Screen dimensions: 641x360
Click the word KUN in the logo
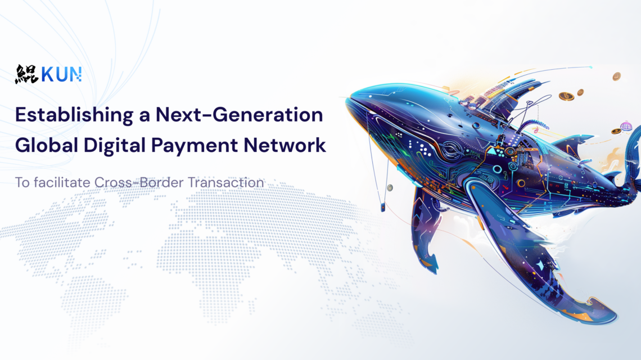tap(61, 74)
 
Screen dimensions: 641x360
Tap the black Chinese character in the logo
tap(26, 74)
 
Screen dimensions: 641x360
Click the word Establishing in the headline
tap(74, 115)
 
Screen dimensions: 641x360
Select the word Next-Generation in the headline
tap(239, 115)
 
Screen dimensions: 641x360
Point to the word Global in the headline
tap(47, 145)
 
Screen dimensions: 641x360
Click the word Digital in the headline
tap(115, 146)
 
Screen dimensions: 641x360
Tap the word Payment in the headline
tap(195, 146)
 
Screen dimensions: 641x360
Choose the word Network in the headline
tap(285, 145)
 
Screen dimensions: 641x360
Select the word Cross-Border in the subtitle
tap(138, 182)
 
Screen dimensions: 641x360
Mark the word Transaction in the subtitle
tap(225, 182)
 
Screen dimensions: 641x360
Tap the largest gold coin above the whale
tap(566, 96)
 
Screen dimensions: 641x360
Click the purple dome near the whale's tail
tap(626, 126)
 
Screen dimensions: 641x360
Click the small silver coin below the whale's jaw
tap(390, 188)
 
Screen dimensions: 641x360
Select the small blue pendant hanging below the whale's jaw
tap(383, 208)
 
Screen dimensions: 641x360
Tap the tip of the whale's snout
tap(347, 100)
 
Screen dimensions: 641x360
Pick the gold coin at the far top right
tap(616, 76)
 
